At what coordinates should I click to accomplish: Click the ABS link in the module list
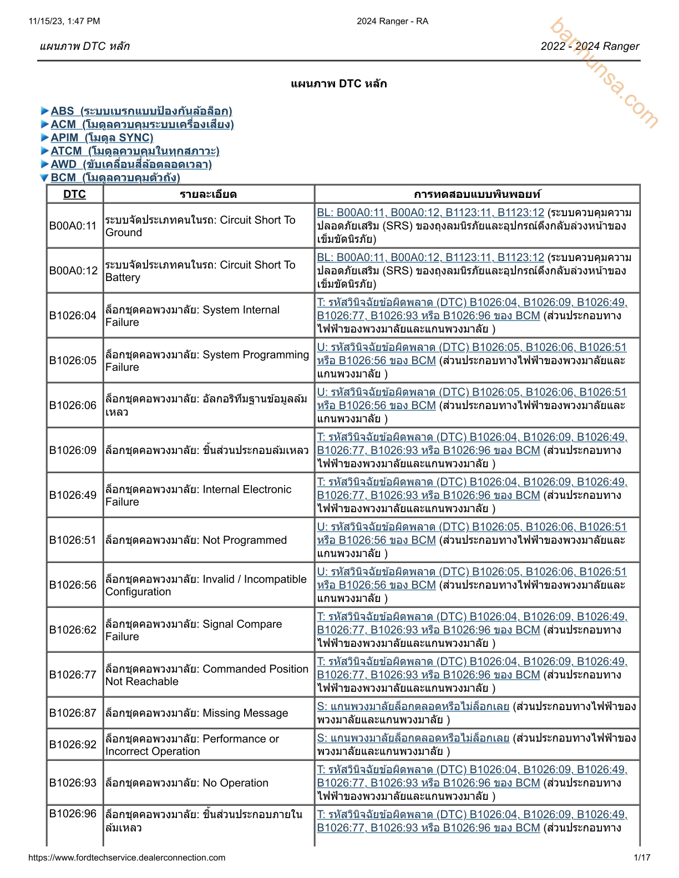141,111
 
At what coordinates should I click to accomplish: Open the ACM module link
142,124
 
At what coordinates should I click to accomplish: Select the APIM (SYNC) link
102,137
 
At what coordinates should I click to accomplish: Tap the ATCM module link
135,151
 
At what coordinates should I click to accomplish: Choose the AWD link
131,164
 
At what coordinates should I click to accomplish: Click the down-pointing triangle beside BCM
44,178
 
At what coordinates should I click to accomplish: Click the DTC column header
74,194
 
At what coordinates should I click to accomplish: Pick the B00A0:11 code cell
73,226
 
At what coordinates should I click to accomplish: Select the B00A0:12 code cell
73,270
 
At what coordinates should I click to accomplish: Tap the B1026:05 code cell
73,360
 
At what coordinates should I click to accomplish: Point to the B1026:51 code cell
73,540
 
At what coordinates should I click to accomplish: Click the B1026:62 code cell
73,630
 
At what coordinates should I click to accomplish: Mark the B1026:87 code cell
73,713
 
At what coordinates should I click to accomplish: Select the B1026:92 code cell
73,744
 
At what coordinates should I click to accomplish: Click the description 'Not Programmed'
245,540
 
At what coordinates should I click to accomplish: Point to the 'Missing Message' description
245,713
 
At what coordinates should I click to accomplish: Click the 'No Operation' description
235,783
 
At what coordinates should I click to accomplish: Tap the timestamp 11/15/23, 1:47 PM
64,21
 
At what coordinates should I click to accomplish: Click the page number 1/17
642,857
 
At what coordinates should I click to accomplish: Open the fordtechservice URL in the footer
126,857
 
